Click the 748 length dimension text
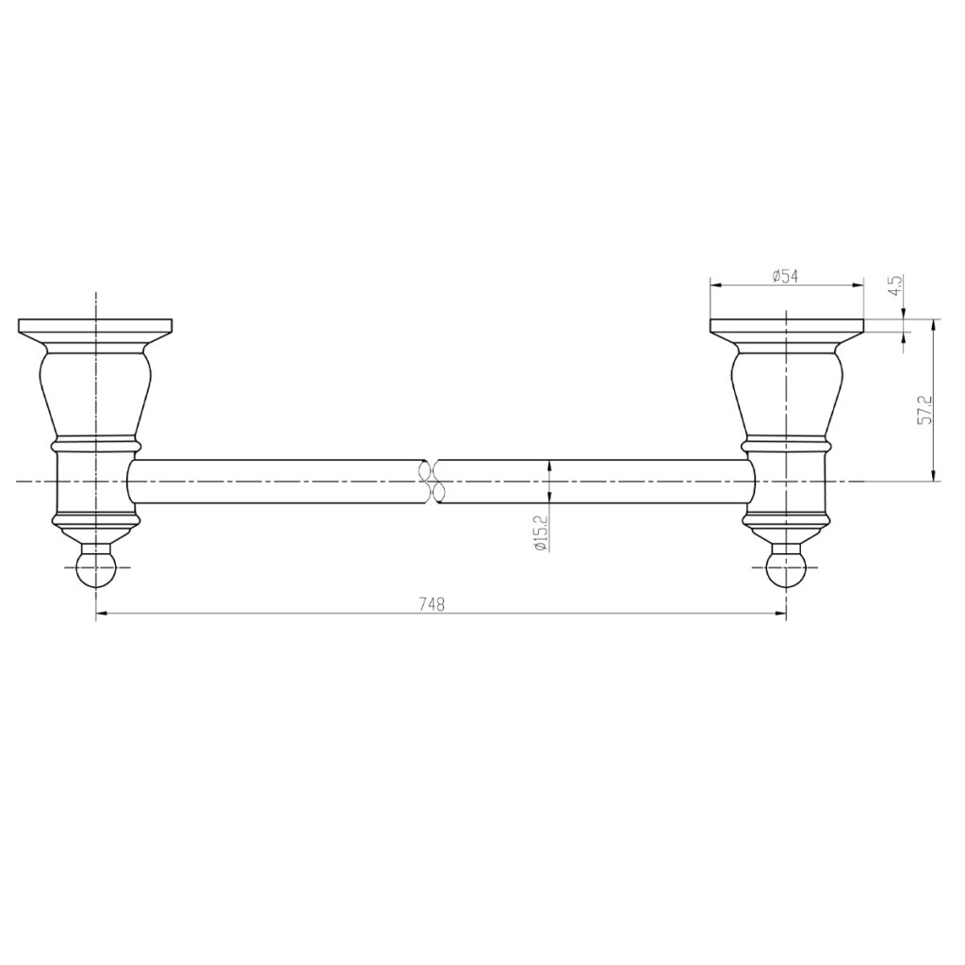(433, 604)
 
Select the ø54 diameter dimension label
(785, 276)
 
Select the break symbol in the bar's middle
(432, 481)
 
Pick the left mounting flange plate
(95, 329)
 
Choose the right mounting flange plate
(786, 329)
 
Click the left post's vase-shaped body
(95, 391)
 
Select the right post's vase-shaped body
(786, 391)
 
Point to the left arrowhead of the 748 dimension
(102, 614)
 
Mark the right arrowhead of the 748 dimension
(780, 614)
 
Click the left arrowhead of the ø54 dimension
(715, 286)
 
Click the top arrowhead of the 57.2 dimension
(933, 325)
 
